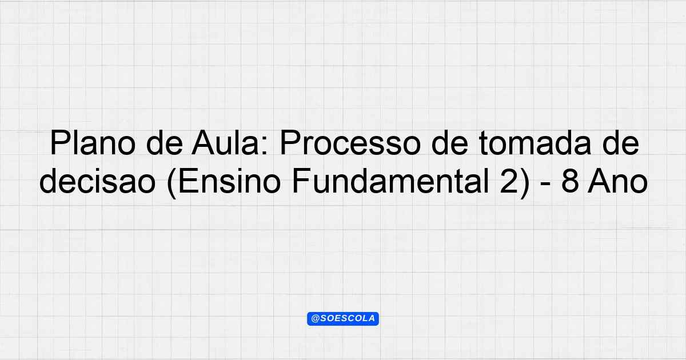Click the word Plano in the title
click(x=93, y=143)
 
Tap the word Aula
click(x=230, y=143)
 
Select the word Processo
click(x=350, y=143)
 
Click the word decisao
click(x=98, y=182)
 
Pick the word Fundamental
click(x=390, y=182)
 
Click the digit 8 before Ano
click(x=570, y=182)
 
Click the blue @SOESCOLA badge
click(x=343, y=319)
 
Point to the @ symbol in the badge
click(x=315, y=319)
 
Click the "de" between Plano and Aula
click(x=164, y=143)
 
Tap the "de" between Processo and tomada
click(x=449, y=143)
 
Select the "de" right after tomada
click(x=620, y=143)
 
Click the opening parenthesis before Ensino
click(x=172, y=183)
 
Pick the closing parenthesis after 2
click(x=525, y=183)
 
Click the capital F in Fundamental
click(x=301, y=182)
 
